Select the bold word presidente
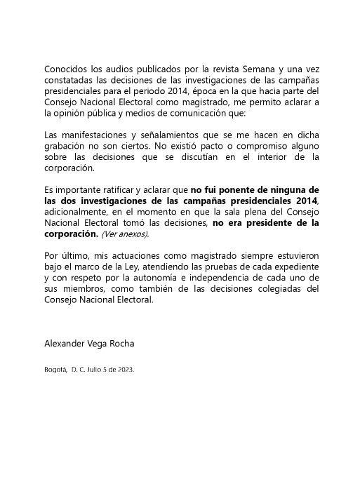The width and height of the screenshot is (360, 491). point(267,223)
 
